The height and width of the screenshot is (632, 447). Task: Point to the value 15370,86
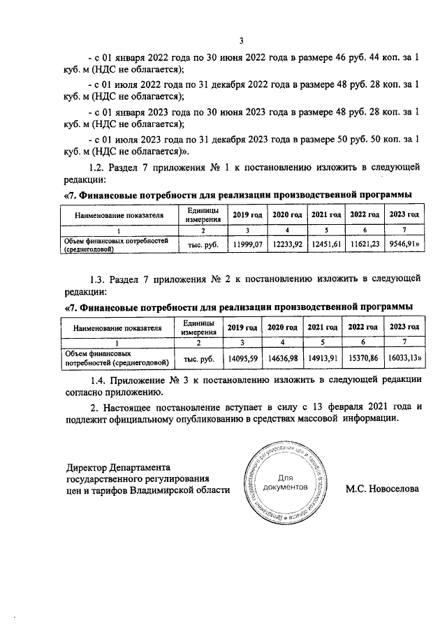(363, 358)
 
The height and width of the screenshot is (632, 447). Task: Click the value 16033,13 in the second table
(404, 358)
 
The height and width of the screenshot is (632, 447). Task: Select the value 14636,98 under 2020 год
(284, 358)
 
